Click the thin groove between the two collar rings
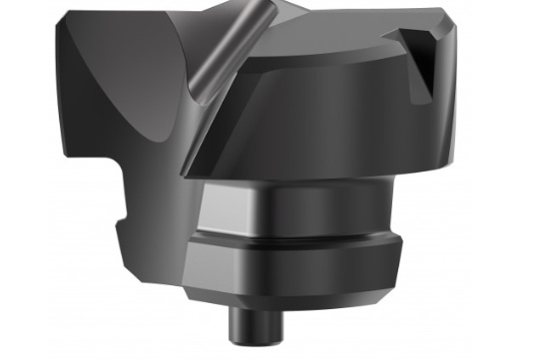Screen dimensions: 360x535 pos(299,238)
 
